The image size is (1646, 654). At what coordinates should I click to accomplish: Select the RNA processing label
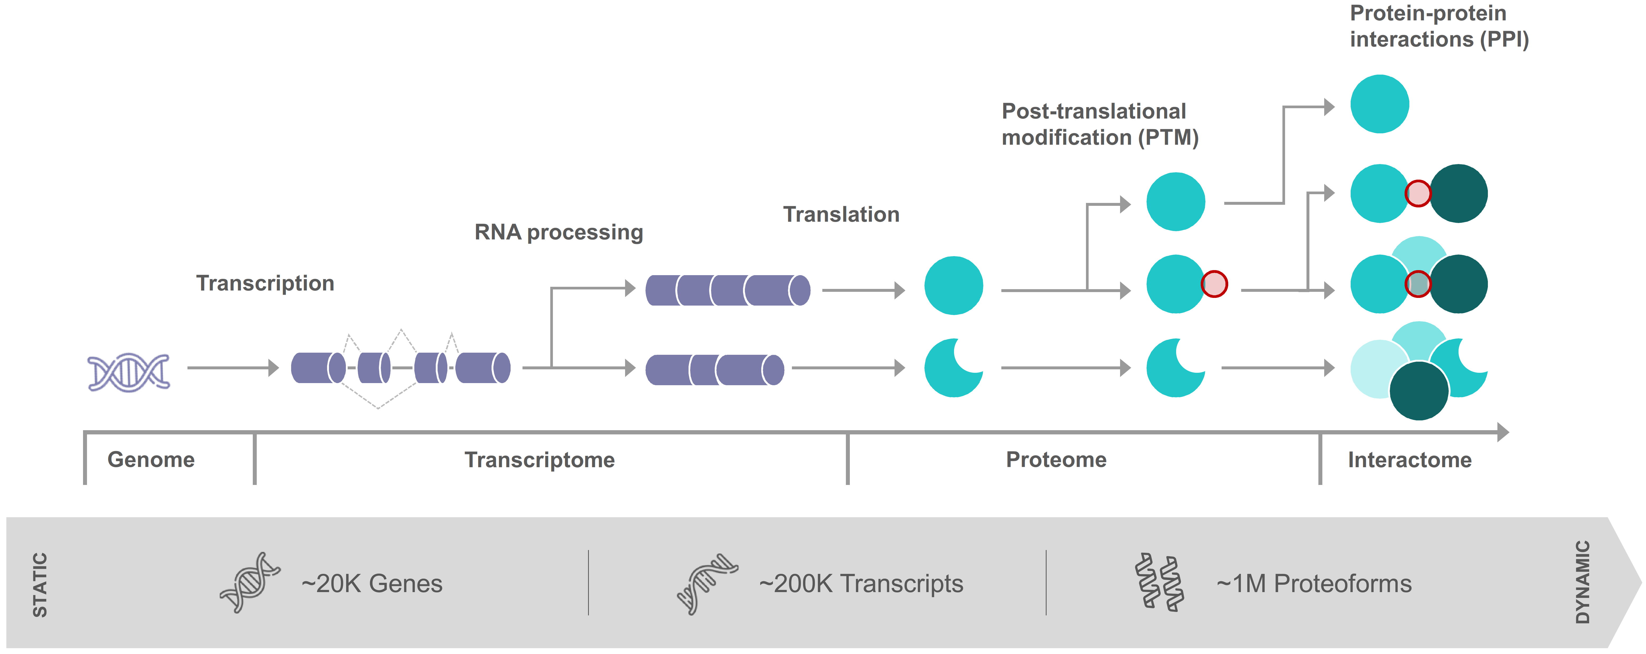click(558, 232)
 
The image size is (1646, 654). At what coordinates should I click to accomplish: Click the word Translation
click(841, 214)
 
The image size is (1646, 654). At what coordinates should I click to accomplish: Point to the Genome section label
click(151, 460)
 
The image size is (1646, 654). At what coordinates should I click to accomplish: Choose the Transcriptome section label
click(539, 460)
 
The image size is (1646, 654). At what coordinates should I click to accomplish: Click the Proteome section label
click(1056, 460)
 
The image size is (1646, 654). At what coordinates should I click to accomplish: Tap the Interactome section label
click(1410, 460)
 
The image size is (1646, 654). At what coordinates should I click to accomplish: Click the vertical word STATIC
click(40, 585)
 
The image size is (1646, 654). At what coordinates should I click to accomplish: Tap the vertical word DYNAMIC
click(1582, 582)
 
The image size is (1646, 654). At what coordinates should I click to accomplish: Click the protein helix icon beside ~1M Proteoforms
click(1159, 582)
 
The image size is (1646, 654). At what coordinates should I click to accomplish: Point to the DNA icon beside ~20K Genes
click(250, 582)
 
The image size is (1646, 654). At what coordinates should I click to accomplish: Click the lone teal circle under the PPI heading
click(1379, 104)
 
